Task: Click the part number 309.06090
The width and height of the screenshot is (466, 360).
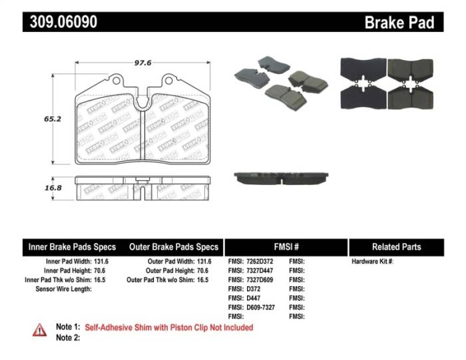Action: tap(63, 22)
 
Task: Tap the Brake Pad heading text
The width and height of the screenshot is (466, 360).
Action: tap(399, 23)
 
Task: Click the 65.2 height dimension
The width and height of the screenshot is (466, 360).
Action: tap(53, 119)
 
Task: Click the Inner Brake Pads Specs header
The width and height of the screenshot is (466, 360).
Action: tap(72, 246)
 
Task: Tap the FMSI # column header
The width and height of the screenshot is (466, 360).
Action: tap(286, 246)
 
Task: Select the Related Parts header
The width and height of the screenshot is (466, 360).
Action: tap(397, 246)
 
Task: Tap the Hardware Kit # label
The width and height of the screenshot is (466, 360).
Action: tap(373, 262)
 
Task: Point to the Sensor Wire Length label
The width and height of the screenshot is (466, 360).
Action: tap(63, 289)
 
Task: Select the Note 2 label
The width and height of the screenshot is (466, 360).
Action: tap(68, 337)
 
